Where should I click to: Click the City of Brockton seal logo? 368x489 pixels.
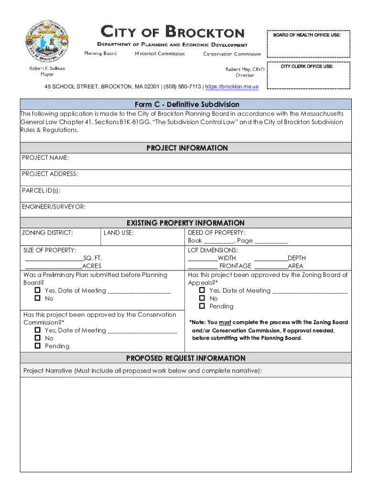click(x=47, y=40)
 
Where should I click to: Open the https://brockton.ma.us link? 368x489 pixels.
click(x=232, y=87)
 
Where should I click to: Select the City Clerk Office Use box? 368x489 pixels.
click(x=308, y=75)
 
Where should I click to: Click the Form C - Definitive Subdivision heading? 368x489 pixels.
click(x=186, y=104)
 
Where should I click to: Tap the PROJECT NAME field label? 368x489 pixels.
click(x=45, y=158)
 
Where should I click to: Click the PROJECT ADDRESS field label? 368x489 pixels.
click(x=50, y=174)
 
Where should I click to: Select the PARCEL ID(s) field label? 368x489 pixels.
click(x=41, y=191)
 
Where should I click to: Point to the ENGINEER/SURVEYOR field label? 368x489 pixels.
click(x=54, y=207)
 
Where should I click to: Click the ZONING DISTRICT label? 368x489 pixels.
click(x=47, y=233)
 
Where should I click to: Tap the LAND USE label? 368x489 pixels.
click(x=119, y=233)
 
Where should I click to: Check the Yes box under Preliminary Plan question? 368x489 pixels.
click(x=38, y=290)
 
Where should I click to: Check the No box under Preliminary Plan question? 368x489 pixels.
click(x=38, y=298)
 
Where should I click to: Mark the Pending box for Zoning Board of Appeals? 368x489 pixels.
click(x=202, y=306)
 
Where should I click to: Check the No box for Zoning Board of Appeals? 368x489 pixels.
click(x=202, y=298)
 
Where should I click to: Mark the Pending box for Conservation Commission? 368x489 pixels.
click(x=38, y=346)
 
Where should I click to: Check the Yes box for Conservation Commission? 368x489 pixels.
click(x=38, y=330)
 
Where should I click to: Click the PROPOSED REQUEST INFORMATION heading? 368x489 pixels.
click(x=185, y=358)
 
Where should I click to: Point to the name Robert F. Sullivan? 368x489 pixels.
click(x=47, y=68)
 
